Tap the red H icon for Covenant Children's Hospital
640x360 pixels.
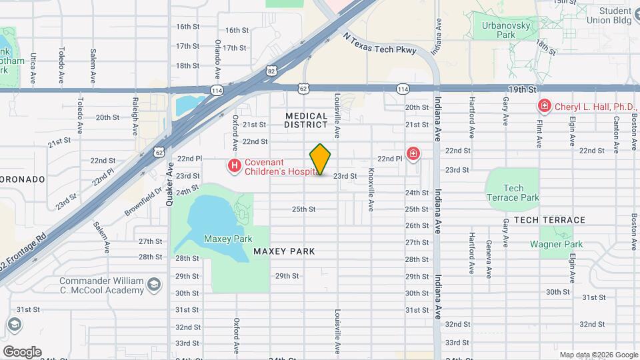pyautogui.click(x=234, y=165)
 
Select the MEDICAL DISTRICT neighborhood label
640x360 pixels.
pyautogui.click(x=307, y=120)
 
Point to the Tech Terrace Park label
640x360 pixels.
pyautogui.click(x=512, y=193)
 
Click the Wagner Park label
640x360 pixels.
pyautogui.click(x=556, y=245)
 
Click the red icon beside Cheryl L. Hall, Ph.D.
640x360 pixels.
pyautogui.click(x=545, y=107)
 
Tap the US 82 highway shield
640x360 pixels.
pyautogui.click(x=270, y=70)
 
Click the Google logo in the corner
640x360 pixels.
pyautogui.click(x=21, y=351)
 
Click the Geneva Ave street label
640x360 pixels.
pyautogui.click(x=489, y=257)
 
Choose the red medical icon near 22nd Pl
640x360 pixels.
pyautogui.click(x=414, y=155)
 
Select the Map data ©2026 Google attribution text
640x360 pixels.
pyautogui.click(x=598, y=355)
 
